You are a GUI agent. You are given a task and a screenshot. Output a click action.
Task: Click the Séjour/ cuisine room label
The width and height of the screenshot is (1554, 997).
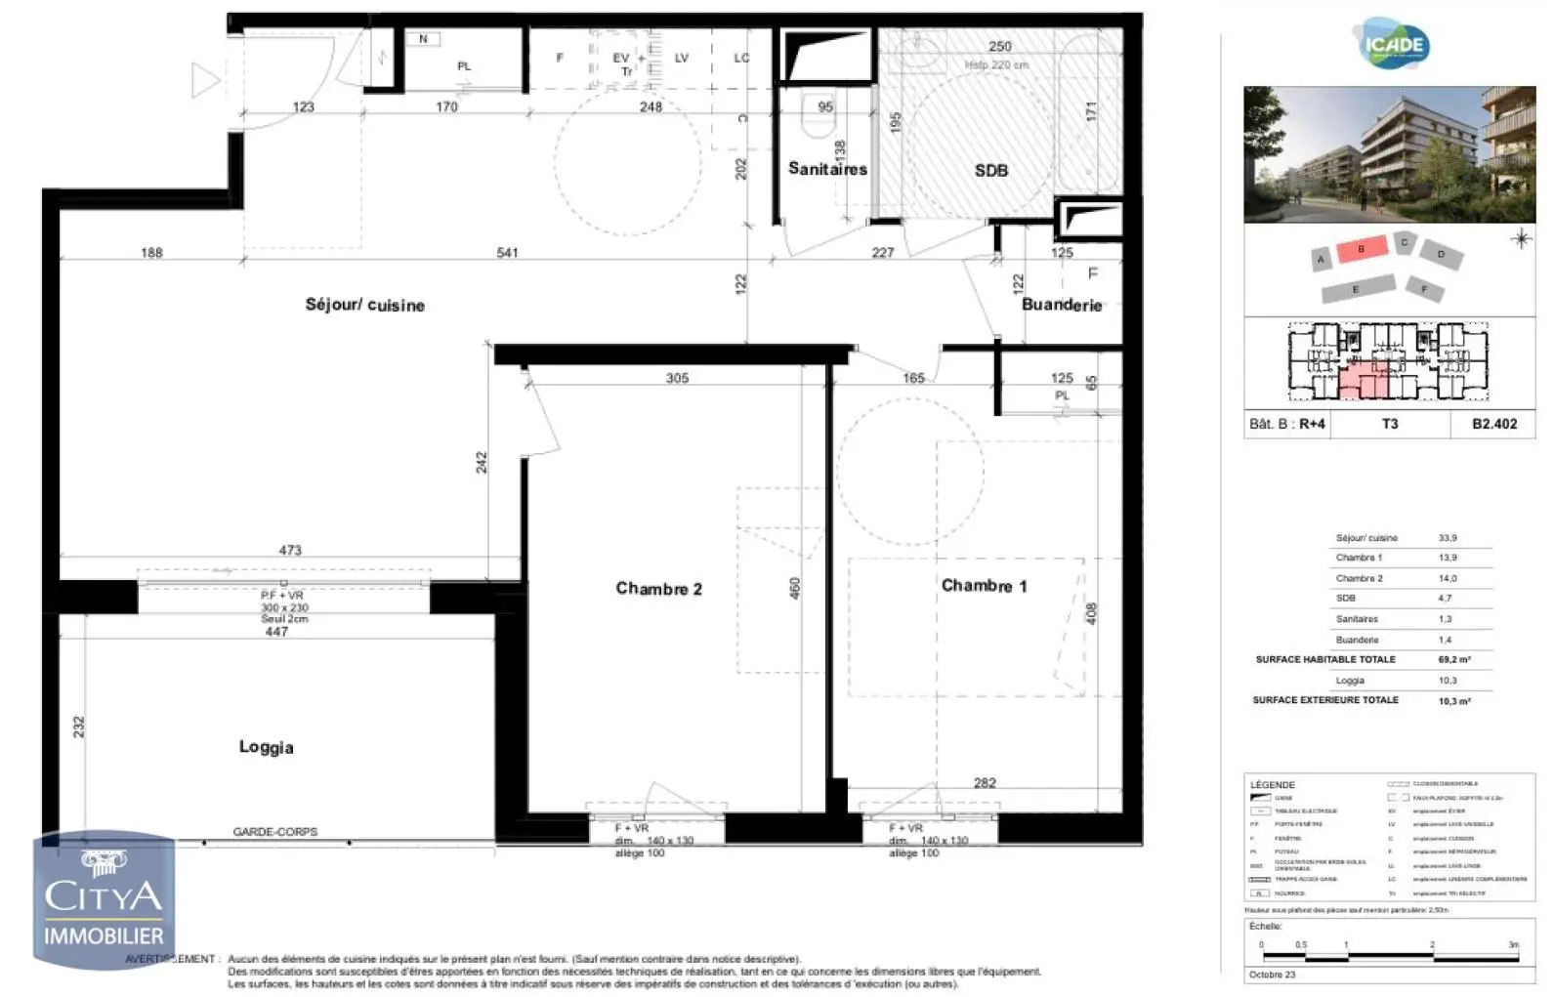pyautogui.click(x=364, y=305)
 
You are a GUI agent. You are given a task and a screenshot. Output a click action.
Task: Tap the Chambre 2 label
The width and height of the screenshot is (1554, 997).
pyautogui.click(x=658, y=589)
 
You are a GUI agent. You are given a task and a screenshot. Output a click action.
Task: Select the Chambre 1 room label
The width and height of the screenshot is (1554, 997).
pyautogui.click(x=984, y=586)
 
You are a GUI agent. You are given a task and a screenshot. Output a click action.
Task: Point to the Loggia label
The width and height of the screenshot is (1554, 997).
pyautogui.click(x=266, y=747)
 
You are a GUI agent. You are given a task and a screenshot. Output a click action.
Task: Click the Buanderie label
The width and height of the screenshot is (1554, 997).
pyautogui.click(x=1062, y=305)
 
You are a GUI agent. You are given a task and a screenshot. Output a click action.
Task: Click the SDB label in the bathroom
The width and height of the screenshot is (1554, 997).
pyautogui.click(x=990, y=170)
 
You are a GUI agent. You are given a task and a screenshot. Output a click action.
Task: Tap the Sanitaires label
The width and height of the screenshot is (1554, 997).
pyautogui.click(x=827, y=169)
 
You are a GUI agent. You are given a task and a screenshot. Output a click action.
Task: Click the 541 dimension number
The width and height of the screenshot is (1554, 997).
pyautogui.click(x=507, y=253)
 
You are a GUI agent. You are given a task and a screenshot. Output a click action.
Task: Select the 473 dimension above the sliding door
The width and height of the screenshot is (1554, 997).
pyautogui.click(x=290, y=550)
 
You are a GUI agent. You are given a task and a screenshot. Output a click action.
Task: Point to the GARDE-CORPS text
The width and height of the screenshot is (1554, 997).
pyautogui.click(x=274, y=832)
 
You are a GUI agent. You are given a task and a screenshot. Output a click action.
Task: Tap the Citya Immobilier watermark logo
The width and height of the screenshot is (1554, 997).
pyautogui.click(x=104, y=899)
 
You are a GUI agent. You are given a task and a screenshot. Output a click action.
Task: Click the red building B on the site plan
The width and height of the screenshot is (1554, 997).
pyautogui.click(x=1361, y=249)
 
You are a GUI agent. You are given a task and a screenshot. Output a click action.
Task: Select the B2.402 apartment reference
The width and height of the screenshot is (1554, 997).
pyautogui.click(x=1494, y=424)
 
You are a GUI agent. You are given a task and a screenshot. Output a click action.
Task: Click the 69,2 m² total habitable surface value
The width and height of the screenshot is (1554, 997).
pyautogui.click(x=1453, y=660)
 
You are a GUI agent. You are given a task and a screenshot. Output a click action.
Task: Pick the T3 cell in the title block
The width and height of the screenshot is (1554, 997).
pyautogui.click(x=1389, y=424)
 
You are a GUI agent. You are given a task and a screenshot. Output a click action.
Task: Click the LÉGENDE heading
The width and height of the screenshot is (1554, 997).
pyautogui.click(x=1272, y=785)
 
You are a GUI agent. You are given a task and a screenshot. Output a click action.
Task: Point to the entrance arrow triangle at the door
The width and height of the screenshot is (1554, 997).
pyautogui.click(x=204, y=80)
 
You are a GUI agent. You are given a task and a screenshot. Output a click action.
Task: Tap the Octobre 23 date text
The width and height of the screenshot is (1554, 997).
pyautogui.click(x=1272, y=975)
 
